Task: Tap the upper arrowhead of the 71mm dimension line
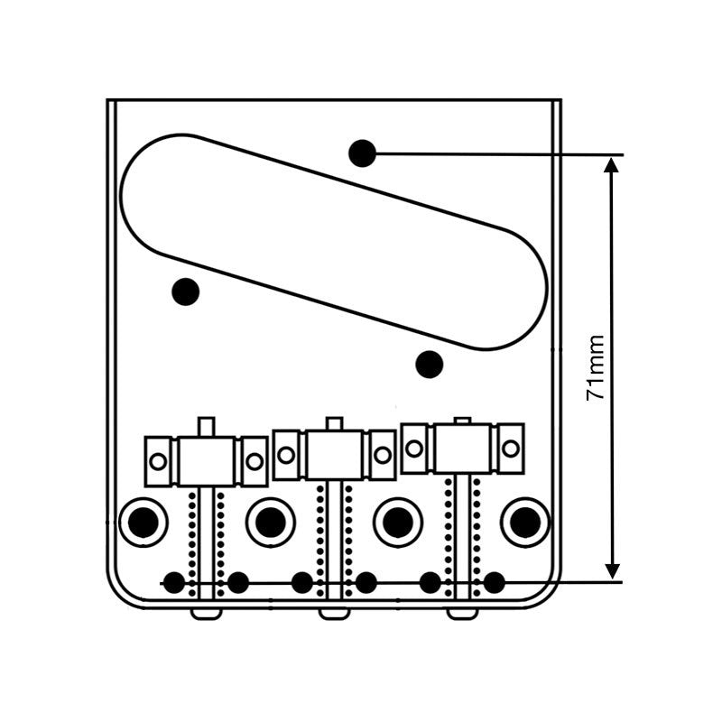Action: coord(613,163)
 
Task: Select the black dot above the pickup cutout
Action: coord(362,153)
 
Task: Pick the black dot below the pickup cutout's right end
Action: coord(430,364)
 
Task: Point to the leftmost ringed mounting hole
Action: coord(143,522)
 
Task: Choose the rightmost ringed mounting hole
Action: coord(525,522)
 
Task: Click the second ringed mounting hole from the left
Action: coord(270,522)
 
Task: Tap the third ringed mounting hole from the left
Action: coord(398,522)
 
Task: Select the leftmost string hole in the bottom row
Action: coord(174,582)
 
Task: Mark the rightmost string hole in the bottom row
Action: coord(494,582)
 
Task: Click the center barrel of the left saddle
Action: coord(207,459)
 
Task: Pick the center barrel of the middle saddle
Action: coord(335,454)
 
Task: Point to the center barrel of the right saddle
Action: coord(463,447)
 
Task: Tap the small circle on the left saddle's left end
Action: coord(159,461)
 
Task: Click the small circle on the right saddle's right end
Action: coord(511,447)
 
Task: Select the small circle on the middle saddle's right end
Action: coord(383,455)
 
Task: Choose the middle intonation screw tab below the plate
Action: coord(335,613)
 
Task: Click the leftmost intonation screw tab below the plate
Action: coord(207,613)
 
